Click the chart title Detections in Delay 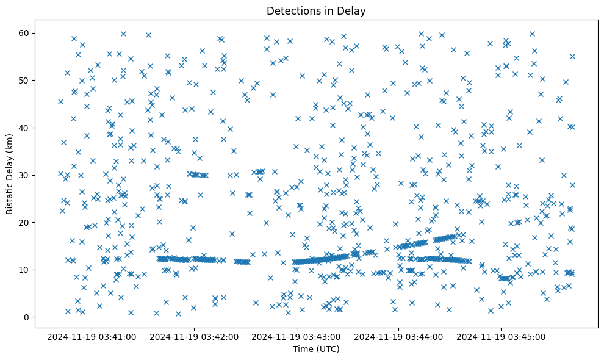(316, 10)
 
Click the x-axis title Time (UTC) (316, 349)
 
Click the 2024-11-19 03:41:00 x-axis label (92, 336)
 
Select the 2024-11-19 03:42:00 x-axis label (195, 336)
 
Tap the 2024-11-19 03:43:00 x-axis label (297, 336)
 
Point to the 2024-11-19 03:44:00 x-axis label (399, 336)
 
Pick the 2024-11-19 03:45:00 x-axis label (502, 336)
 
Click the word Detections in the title (290, 10)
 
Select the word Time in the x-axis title (303, 349)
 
